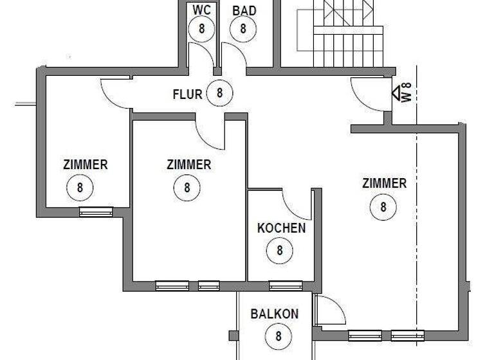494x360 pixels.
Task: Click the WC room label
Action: pyautogui.click(x=201, y=11)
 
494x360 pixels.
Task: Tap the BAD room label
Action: pyautogui.click(x=243, y=11)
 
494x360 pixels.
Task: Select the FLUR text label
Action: pyautogui.click(x=188, y=94)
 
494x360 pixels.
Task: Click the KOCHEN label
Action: pyautogui.click(x=281, y=228)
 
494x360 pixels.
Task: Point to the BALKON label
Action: pyautogui.click(x=275, y=314)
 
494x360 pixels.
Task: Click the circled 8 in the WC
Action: pyautogui.click(x=202, y=28)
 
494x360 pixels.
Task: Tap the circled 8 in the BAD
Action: pyautogui.click(x=243, y=28)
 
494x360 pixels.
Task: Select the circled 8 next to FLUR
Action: pyautogui.click(x=219, y=93)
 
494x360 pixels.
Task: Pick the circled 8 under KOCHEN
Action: pyautogui.click(x=280, y=249)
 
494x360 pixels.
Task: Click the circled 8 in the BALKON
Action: pyautogui.click(x=279, y=336)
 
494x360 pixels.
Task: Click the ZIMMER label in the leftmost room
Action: pyautogui.click(x=86, y=165)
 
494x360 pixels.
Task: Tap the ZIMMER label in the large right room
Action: pyautogui.click(x=384, y=184)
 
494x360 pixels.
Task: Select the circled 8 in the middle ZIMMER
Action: pyautogui.click(x=187, y=188)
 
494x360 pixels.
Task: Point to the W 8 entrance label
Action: pyautogui.click(x=407, y=93)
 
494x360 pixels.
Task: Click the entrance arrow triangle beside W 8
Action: pyautogui.click(x=396, y=93)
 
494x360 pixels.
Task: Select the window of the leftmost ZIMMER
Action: pyautogui.click(x=96, y=211)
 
